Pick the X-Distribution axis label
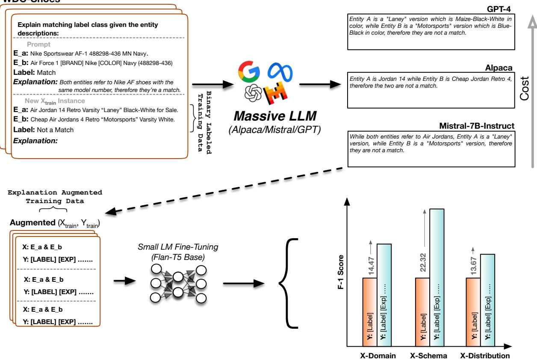[485, 355]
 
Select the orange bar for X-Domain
[370, 312]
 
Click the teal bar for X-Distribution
[488, 299]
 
